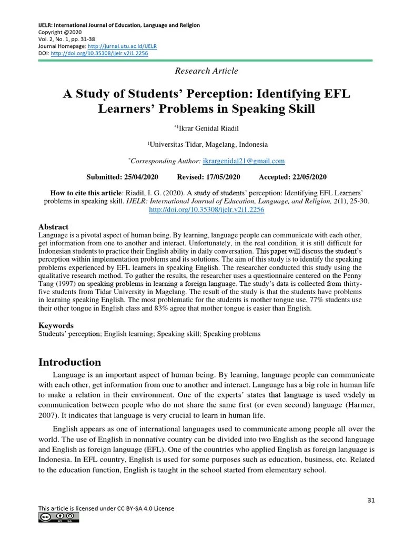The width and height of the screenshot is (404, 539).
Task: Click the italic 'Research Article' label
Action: pos(206,71)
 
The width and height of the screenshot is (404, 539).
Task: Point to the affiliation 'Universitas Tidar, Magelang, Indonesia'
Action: pos(207,144)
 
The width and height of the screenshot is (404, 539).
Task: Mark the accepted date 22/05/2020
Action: pos(304,177)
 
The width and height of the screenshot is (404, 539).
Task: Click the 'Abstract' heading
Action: pos(54,227)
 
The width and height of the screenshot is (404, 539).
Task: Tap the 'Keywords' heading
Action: pos(56,325)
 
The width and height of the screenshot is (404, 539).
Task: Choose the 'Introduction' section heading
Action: pos(69,362)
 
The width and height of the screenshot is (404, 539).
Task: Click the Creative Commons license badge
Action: pos(58,518)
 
